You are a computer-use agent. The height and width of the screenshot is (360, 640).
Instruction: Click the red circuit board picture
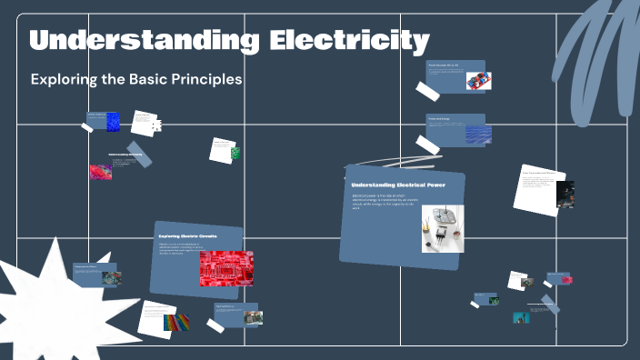tap(225, 267)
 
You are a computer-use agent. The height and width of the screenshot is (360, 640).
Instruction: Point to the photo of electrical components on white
tap(443, 227)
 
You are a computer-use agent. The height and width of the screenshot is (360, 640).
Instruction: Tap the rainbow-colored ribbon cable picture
tap(176, 322)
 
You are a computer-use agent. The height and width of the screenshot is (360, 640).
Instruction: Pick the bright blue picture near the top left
tap(113, 121)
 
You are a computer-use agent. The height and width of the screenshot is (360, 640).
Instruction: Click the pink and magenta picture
tap(101, 171)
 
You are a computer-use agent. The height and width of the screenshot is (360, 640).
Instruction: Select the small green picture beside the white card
tap(235, 154)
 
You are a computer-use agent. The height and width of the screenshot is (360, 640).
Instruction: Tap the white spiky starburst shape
tap(41, 300)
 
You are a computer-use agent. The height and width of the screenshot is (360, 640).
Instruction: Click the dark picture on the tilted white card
tap(565, 194)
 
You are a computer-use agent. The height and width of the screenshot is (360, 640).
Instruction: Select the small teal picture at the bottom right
tap(521, 318)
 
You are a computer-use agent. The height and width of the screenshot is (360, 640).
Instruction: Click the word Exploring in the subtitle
tap(64, 79)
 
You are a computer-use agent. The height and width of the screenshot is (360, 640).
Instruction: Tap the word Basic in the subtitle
tap(140, 79)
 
